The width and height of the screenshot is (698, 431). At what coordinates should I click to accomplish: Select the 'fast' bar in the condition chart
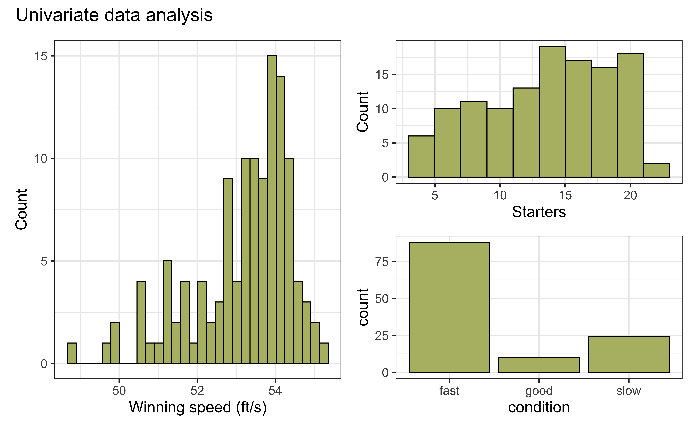(449, 307)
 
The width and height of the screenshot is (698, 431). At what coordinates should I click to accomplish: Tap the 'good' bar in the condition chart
(539, 365)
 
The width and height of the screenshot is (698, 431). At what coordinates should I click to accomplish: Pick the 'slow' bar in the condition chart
(628, 354)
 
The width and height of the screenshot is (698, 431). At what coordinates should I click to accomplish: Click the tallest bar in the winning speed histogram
(272, 210)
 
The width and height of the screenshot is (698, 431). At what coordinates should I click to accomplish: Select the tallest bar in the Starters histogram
(552, 112)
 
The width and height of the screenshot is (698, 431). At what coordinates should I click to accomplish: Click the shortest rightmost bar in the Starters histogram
(656, 170)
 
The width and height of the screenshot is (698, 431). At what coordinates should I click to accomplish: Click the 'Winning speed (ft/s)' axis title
(198, 407)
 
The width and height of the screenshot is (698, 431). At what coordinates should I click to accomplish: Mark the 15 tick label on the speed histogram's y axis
(40, 56)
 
